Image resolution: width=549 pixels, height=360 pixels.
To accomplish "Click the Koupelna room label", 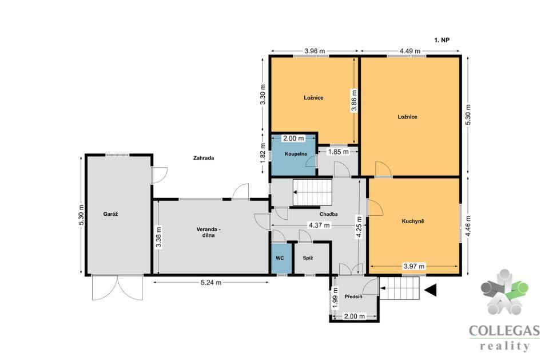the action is [x=296, y=154].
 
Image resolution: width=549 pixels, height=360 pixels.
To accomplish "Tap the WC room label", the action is [x=280, y=258].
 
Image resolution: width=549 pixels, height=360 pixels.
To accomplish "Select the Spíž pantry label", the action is [x=308, y=258].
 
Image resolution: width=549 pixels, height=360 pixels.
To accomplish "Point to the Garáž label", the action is [x=110, y=214].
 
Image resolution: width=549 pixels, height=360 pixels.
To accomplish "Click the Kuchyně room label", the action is [x=413, y=221].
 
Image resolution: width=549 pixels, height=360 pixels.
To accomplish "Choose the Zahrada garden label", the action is [x=204, y=158].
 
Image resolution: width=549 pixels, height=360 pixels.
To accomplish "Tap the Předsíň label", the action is [x=353, y=296].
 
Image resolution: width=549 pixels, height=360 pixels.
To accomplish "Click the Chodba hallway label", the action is [x=329, y=214].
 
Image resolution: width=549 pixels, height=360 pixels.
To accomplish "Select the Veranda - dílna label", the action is [x=208, y=232].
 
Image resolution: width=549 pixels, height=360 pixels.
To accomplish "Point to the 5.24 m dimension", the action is [x=211, y=283].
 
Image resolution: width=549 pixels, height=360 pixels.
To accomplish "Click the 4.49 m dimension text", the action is [x=410, y=51].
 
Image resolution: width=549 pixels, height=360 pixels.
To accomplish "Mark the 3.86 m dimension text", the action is [x=355, y=101].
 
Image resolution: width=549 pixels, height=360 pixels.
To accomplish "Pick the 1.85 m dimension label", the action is [x=338, y=152].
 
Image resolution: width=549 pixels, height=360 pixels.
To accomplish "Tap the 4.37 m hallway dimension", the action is [x=319, y=225].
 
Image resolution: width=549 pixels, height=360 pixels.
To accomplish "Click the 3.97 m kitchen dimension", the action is [x=414, y=266].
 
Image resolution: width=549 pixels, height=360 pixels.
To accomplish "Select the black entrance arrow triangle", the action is [x=432, y=290].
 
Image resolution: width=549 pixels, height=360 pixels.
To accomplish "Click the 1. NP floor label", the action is [x=442, y=40].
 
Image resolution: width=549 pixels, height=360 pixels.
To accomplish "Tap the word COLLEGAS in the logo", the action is [x=504, y=331].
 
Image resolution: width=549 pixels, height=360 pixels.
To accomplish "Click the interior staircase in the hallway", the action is [x=312, y=192].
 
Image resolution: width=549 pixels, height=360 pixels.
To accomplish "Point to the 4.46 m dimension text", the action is [x=468, y=226].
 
